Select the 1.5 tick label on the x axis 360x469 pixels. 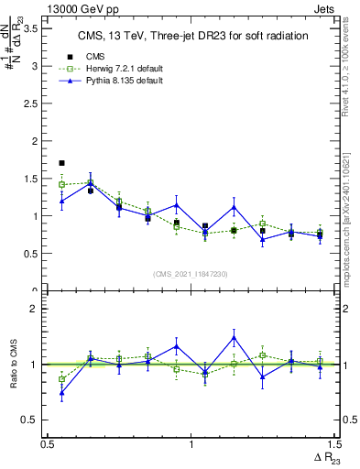(334, 444)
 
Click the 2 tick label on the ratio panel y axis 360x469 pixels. (36, 309)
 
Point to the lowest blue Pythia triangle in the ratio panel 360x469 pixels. (61, 394)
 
